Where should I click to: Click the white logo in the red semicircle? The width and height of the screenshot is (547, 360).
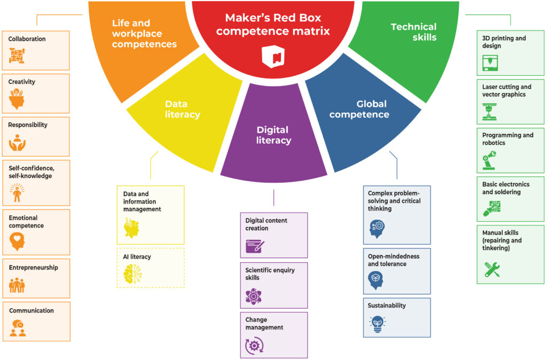[272, 56]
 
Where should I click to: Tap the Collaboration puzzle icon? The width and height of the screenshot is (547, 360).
[17, 56]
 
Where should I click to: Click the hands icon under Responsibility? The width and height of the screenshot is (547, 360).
[18, 143]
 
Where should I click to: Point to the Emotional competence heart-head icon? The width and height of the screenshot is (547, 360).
[18, 242]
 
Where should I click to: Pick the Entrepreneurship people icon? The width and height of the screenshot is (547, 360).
[18, 285]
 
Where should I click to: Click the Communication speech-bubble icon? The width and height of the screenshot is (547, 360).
[18, 327]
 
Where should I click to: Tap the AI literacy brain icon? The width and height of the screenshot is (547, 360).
[132, 274]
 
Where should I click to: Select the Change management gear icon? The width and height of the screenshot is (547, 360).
[254, 346]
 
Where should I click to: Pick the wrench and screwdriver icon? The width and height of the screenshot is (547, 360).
[492, 269]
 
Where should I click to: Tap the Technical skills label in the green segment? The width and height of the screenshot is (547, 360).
[413, 32]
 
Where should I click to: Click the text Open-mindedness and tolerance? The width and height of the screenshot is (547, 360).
[393, 260]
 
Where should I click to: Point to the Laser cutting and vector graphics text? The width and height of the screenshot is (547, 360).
[506, 91]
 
